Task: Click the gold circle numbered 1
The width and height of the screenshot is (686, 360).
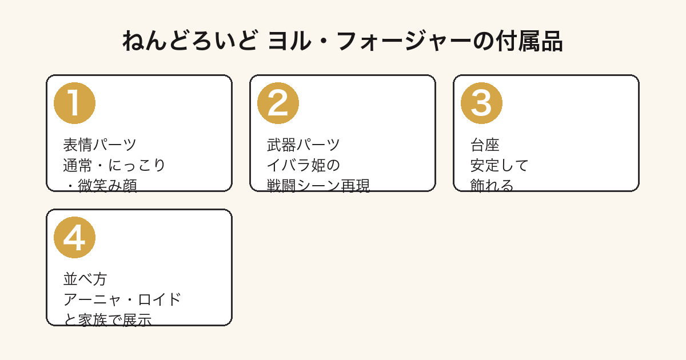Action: pos(74,103)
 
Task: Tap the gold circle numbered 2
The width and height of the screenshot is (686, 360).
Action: pos(278,103)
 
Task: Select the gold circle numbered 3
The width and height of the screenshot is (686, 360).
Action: pos(481,103)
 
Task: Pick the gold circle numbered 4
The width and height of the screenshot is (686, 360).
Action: pos(74,238)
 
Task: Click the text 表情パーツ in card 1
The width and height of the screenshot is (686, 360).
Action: pos(99,145)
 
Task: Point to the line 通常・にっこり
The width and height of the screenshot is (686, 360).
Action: pos(114,165)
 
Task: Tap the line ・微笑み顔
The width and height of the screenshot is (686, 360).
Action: pos(100,185)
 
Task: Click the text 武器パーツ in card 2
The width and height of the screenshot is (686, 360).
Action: pos(303,145)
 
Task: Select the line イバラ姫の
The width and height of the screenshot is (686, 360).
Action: pos(303,165)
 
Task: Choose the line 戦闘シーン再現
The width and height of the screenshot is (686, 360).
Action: pos(318,185)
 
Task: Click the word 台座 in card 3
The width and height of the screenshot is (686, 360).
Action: pos(485,145)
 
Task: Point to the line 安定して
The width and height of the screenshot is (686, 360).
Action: pos(499,165)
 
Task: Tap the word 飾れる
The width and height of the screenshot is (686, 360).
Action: pos(492,185)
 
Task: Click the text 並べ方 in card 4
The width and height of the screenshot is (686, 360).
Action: pos(85,279)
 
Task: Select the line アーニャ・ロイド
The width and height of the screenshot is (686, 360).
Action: pos(122,299)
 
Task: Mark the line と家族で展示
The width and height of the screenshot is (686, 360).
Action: pos(107,319)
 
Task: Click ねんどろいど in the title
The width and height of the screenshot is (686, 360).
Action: pos(190,41)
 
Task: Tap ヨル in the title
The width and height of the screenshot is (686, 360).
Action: pos(290,41)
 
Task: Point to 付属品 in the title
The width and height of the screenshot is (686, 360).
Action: pos(529,41)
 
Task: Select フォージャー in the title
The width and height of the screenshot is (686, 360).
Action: pos(404,41)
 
